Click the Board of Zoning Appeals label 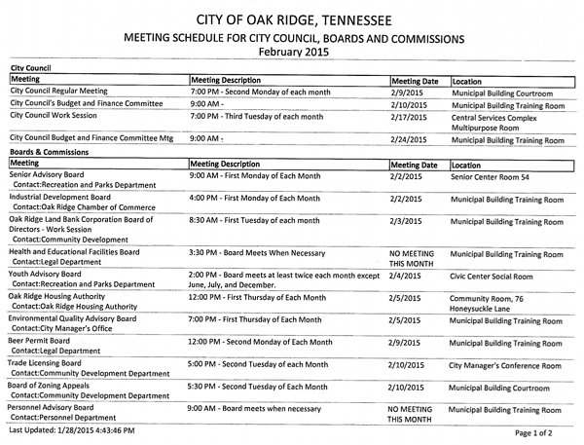[x=52, y=387]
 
